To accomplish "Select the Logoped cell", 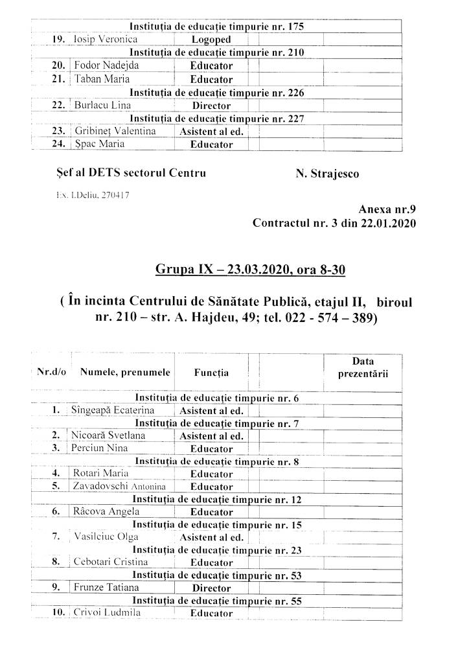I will tap(211, 40).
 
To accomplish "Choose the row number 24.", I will tap(59, 145).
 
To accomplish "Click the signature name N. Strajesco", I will tap(327, 173).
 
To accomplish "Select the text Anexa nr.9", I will tap(386, 209).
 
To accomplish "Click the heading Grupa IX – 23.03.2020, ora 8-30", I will tap(250, 269).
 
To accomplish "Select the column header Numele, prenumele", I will tap(125, 373).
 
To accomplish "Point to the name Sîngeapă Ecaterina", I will tap(114, 410).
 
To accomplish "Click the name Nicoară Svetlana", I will tap(109, 435).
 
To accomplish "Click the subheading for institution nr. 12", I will tap(216, 500).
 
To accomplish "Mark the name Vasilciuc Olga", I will tap(106, 537).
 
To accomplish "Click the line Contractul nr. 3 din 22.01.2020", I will tap(334, 224).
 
